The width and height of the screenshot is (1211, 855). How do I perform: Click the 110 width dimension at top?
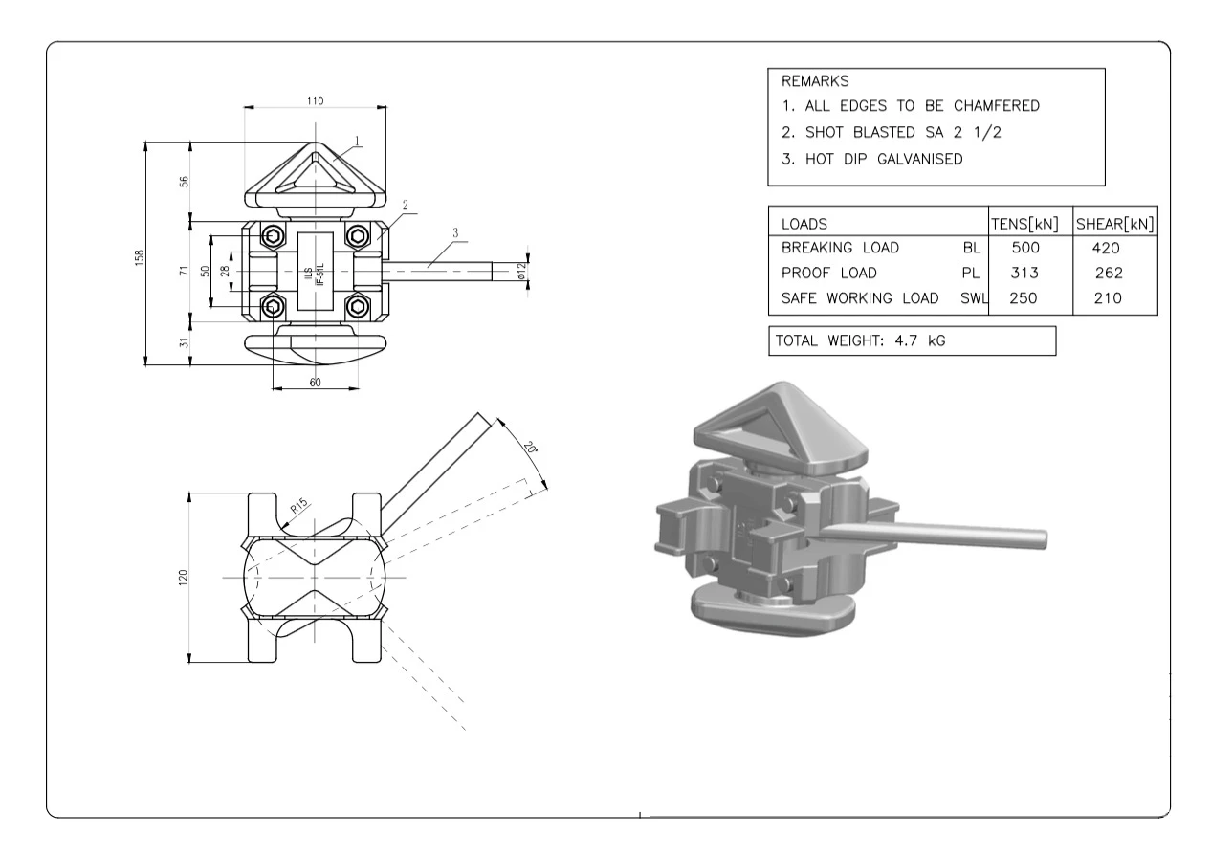click(x=315, y=100)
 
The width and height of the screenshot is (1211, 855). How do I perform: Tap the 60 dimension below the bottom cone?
click(x=315, y=382)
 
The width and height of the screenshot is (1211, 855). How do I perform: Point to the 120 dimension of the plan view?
click(x=184, y=577)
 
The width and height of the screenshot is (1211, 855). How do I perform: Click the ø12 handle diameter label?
click(x=522, y=271)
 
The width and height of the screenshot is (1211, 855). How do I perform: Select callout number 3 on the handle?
click(x=455, y=232)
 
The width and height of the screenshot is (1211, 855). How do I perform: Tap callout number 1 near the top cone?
click(x=356, y=141)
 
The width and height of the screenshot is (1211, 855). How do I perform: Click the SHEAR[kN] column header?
click(x=1114, y=224)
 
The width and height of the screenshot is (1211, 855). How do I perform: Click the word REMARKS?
click(x=816, y=81)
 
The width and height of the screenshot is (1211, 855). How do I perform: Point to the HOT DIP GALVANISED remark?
click(x=871, y=160)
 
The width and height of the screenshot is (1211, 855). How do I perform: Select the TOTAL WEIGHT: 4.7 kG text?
click(x=860, y=340)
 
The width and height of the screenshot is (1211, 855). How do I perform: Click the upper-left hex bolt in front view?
click(x=275, y=236)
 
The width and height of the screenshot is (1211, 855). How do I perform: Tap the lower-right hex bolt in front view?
click(x=359, y=306)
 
